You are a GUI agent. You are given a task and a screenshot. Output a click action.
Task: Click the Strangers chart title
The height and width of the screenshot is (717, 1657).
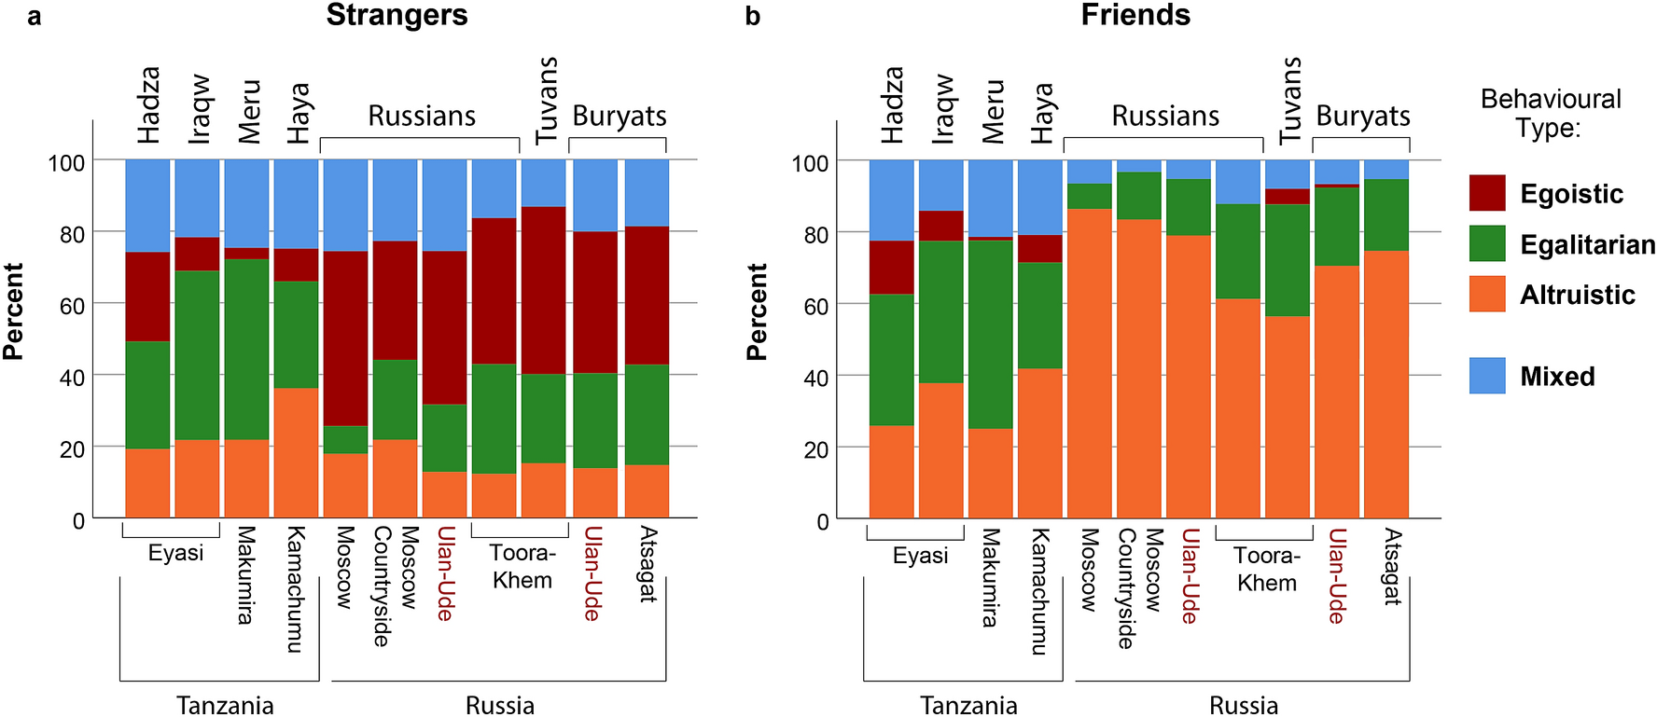pyautogui.click(x=397, y=16)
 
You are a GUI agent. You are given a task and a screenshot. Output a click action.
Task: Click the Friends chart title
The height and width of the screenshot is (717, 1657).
pyautogui.click(x=1135, y=16)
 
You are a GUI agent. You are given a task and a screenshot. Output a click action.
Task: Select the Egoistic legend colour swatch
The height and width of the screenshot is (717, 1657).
pyautogui.click(x=1486, y=193)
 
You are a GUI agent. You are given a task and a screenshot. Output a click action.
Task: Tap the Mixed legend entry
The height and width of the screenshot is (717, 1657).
pyautogui.click(x=1556, y=376)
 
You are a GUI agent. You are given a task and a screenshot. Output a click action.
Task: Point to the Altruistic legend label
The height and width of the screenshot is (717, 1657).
pyautogui.click(x=1577, y=295)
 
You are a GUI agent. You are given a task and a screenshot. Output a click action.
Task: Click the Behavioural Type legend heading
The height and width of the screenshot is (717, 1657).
pyautogui.click(x=1550, y=113)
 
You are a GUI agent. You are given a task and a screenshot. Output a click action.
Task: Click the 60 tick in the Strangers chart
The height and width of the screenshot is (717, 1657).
pyautogui.click(x=72, y=306)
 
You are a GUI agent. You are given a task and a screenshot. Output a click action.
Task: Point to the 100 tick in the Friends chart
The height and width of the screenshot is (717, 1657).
pyautogui.click(x=809, y=163)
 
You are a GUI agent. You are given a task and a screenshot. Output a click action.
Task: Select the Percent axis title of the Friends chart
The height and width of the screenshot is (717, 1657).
pyautogui.click(x=757, y=311)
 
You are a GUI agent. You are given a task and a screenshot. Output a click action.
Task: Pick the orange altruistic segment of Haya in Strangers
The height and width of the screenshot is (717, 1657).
pyautogui.click(x=296, y=452)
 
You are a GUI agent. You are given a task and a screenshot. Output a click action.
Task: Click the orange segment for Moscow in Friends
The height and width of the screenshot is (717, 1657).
pyautogui.click(x=1089, y=364)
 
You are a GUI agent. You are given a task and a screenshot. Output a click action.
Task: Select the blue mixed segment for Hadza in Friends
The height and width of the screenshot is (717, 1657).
pyautogui.click(x=891, y=200)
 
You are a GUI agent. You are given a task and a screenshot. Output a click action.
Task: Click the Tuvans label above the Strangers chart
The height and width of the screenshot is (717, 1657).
pyautogui.click(x=547, y=100)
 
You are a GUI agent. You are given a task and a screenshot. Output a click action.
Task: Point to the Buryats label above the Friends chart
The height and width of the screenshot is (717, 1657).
pyautogui.click(x=1362, y=116)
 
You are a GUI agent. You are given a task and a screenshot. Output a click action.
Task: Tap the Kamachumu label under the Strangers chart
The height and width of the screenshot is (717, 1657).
pyautogui.click(x=295, y=589)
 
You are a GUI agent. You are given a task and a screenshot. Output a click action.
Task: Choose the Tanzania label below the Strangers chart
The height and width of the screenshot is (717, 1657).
pyautogui.click(x=225, y=705)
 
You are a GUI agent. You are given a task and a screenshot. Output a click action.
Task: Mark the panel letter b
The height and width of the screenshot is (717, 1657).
pyautogui.click(x=752, y=17)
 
